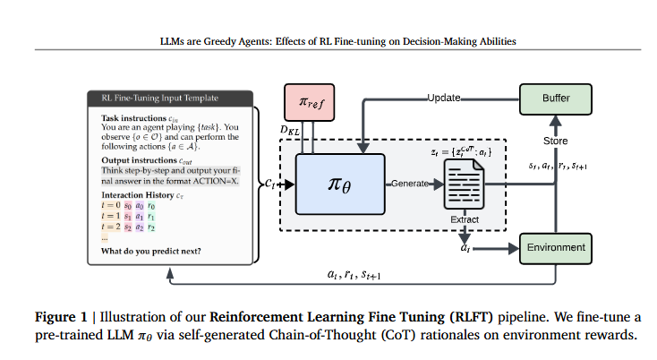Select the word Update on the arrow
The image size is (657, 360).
pos(444,97)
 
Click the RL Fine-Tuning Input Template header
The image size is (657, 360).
pos(166,98)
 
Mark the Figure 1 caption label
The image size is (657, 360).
pos(61,318)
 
